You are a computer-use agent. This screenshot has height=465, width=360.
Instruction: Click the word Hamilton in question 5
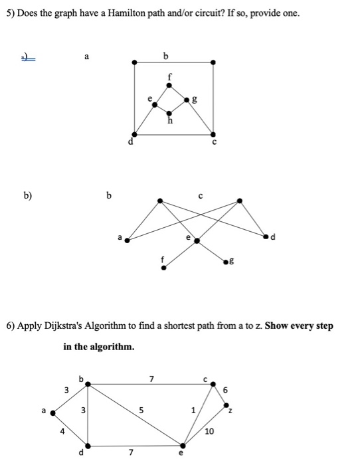click(x=126, y=13)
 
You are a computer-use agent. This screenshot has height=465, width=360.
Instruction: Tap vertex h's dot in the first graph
click(x=169, y=114)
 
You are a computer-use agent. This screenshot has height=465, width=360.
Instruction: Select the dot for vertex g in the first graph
click(x=187, y=100)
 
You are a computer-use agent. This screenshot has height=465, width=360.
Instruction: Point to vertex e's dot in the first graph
click(x=155, y=105)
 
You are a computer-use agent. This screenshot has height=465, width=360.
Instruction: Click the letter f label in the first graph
click(x=169, y=77)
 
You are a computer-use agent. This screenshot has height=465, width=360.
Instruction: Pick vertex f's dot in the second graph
click(x=163, y=268)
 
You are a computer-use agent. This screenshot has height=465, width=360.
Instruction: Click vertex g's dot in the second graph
click(x=226, y=262)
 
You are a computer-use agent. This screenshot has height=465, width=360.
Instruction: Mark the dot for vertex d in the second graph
click(x=266, y=236)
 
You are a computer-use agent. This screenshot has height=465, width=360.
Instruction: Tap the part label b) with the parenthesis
click(x=28, y=195)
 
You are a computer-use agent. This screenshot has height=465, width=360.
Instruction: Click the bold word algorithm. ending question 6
click(x=112, y=346)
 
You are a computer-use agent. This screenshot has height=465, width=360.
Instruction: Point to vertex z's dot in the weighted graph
click(x=226, y=405)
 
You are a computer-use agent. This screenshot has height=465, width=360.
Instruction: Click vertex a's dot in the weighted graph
click(x=52, y=413)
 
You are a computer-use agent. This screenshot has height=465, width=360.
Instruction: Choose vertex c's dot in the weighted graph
click(x=213, y=385)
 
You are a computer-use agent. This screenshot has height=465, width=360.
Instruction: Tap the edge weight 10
click(x=209, y=431)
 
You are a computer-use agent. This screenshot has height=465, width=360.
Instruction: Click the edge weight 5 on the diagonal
click(x=141, y=410)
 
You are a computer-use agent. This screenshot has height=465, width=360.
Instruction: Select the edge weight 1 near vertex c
click(x=193, y=411)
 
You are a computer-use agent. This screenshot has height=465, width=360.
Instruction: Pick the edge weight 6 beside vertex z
click(x=225, y=390)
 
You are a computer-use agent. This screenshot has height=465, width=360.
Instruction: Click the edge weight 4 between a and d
click(x=62, y=432)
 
